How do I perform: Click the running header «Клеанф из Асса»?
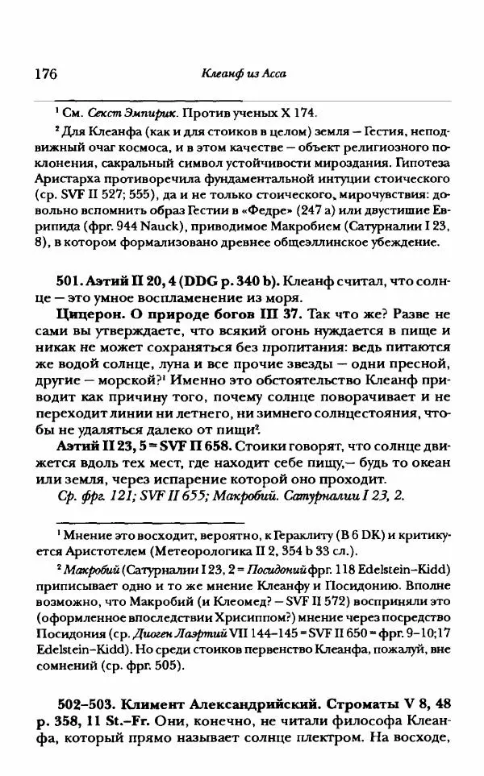click(x=243, y=75)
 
